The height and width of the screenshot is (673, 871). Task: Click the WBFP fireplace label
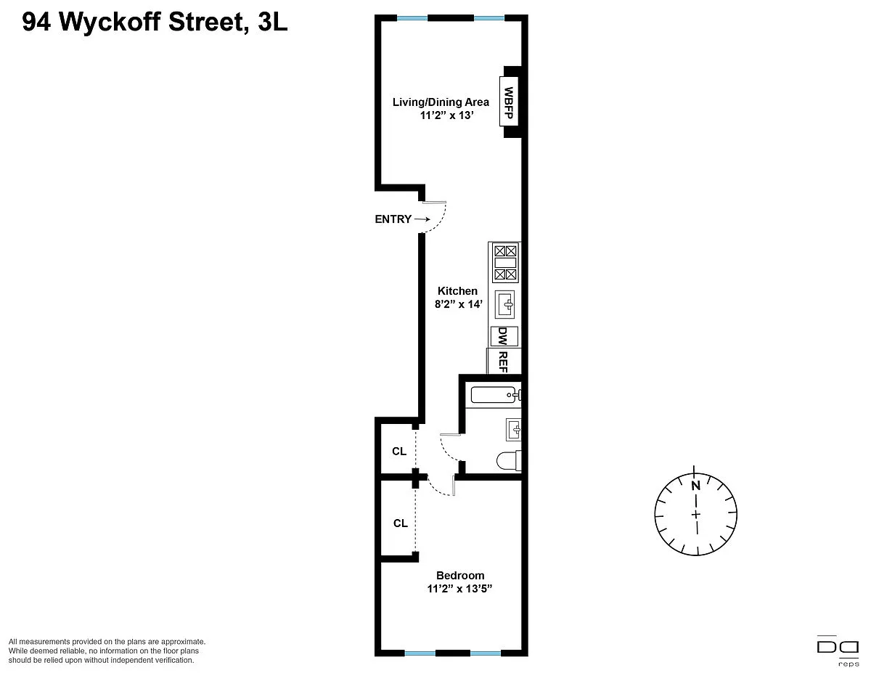508,102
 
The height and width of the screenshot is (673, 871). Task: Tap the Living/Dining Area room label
441,102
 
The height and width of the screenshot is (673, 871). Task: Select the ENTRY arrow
422,219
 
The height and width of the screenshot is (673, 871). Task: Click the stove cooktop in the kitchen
505,263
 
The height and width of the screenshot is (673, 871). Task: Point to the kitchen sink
504,304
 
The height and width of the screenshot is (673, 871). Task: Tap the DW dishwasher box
504,336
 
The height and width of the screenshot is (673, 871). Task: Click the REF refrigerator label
502,362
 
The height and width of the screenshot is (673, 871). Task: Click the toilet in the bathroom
509,461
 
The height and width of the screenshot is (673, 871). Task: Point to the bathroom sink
513,430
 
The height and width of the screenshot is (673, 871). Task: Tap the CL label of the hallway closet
399,452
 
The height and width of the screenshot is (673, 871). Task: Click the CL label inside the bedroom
401,523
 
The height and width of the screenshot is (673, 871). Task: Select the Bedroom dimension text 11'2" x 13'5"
459,589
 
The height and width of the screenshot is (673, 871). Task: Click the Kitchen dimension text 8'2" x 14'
459,304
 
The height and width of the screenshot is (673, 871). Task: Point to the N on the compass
695,486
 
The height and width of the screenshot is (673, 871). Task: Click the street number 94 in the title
36,22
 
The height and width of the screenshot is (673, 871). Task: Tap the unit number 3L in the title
273,22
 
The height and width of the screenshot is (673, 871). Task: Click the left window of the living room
412,18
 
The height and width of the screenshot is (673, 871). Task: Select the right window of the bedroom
486,653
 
